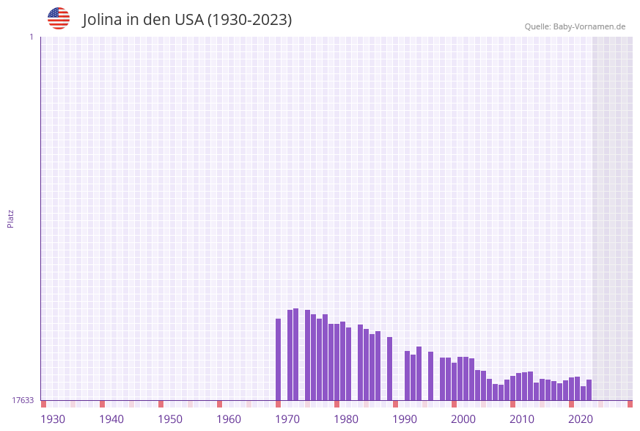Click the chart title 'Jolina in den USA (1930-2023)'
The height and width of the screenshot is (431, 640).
pos(187,20)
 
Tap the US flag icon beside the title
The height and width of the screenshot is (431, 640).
pos(59,18)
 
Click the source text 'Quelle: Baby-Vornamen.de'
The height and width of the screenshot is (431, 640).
pos(575,26)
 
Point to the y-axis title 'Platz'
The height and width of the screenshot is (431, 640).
pos(11,218)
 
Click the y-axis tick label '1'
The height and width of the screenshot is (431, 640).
pos(32,37)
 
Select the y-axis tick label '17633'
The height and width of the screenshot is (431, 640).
pos(23,400)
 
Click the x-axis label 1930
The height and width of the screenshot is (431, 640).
pos(53,419)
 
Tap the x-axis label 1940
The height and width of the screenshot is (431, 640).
pos(111,419)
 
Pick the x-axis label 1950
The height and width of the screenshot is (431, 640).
pos(170,419)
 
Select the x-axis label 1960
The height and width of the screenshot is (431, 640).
pos(229,419)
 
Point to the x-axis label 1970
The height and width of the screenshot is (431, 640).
pos(287,419)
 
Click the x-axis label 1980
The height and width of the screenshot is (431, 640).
pos(346,419)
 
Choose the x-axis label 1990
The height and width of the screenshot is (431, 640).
pos(405,419)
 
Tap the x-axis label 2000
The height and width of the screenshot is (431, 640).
pos(463,419)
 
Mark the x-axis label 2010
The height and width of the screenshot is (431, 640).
pos(522,419)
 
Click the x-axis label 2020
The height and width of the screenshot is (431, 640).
pos(581,419)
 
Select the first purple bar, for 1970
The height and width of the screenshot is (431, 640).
pos(279,360)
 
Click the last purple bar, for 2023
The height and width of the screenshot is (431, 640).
pos(589,390)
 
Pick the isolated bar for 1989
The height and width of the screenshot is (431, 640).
pos(390,369)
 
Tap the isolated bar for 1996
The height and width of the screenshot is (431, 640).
pos(431,376)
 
